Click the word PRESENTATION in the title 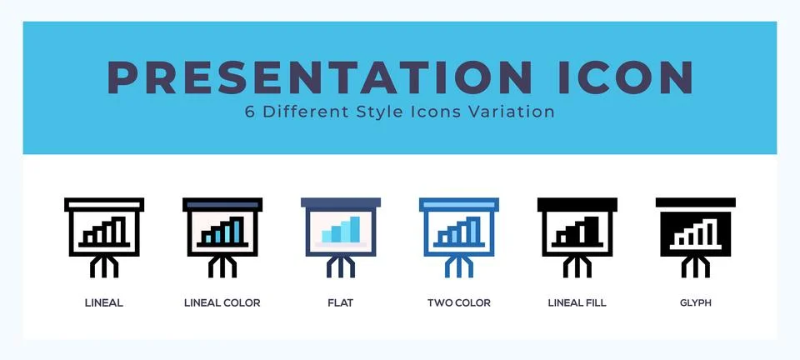coord(320,77)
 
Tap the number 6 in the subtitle coord(250,111)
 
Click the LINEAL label coord(104,303)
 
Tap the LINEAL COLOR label coord(222,303)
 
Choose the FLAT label coord(340,303)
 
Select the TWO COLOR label coord(458,303)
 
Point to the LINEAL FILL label coord(577,303)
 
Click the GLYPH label coord(695,303)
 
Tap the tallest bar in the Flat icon coord(355,229)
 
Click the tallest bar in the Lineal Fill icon coord(591,229)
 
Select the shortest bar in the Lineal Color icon coord(207,238)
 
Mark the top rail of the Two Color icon coord(458,203)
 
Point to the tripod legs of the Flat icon coord(340,266)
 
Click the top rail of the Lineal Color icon coord(222,203)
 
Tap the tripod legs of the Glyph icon coord(695,266)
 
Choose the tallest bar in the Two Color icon coord(473,229)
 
